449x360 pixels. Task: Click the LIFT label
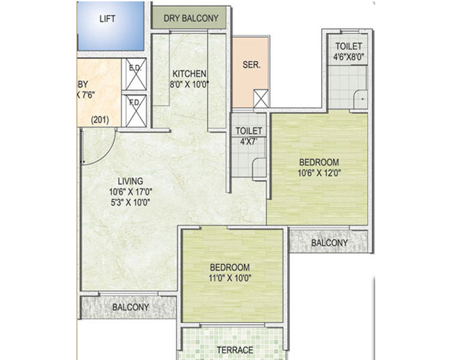point(107,19)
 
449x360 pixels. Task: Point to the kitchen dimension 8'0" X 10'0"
point(190,84)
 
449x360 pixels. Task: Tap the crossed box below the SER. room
point(261,98)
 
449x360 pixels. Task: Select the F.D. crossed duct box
point(134,110)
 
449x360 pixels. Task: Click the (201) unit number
point(101,121)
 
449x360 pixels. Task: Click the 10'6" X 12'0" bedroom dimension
point(319,173)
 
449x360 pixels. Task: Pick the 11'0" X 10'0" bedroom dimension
point(230,278)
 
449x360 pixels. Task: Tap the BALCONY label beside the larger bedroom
point(329,243)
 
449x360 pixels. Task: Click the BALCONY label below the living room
point(130,307)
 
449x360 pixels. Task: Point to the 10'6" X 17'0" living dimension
point(130,191)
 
